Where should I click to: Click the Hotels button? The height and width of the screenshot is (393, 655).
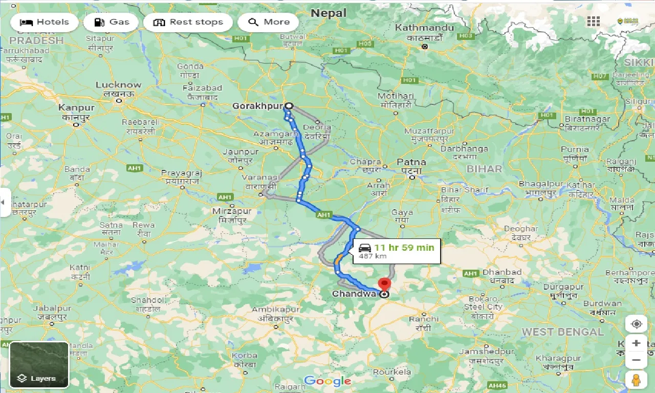pyautogui.click(x=45, y=22)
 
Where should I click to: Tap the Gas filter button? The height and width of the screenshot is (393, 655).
pyautogui.click(x=111, y=22)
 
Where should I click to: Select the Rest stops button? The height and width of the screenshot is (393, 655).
pyautogui.click(x=188, y=22)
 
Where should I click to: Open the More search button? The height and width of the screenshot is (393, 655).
pyautogui.click(x=269, y=22)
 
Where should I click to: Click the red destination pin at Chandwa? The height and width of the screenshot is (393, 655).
pyautogui.click(x=384, y=285)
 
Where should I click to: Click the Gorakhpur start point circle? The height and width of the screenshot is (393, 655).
pyautogui.click(x=289, y=106)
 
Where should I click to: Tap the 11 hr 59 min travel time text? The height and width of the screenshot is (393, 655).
pyautogui.click(x=404, y=247)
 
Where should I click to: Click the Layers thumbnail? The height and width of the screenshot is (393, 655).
pyautogui.click(x=39, y=364)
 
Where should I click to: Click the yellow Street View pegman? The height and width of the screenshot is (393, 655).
pyautogui.click(x=636, y=380)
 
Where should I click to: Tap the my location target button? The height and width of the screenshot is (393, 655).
pyautogui.click(x=636, y=324)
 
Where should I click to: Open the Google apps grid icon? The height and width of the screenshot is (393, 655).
pyautogui.click(x=593, y=21)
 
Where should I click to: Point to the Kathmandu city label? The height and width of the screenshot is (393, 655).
pyautogui.click(x=424, y=28)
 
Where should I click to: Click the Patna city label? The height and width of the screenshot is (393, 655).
pyautogui.click(x=411, y=162)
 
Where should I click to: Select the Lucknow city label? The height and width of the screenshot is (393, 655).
pyautogui.click(x=118, y=85)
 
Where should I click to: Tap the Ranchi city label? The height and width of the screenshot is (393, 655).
pyautogui.click(x=423, y=318)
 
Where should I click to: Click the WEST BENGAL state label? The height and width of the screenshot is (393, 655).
pyautogui.click(x=562, y=332)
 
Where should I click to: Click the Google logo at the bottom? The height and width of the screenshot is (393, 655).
pyautogui.click(x=327, y=381)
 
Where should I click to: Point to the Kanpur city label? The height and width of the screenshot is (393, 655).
pyautogui.click(x=76, y=107)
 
